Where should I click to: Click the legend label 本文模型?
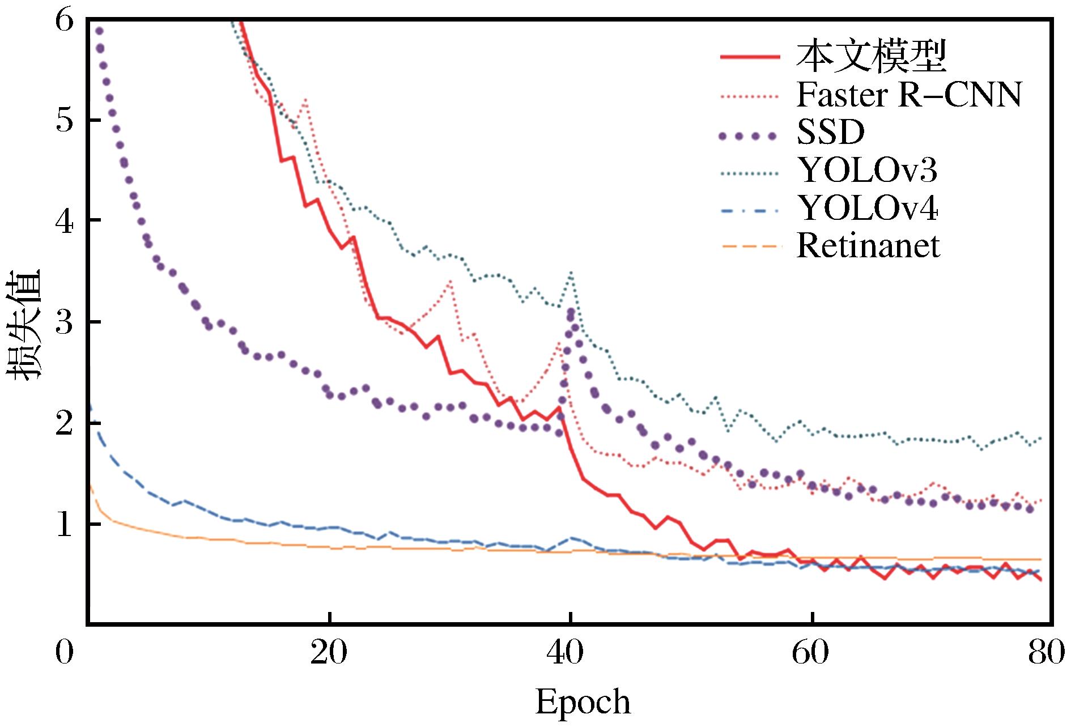point(871,57)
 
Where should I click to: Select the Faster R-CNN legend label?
point(909,95)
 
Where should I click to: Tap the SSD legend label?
point(830,133)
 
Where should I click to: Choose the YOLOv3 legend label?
point(867,171)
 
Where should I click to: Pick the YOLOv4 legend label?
point(867,209)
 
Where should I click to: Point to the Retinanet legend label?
point(868,246)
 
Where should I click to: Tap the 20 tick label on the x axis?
point(329,653)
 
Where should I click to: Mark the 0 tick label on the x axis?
point(65,653)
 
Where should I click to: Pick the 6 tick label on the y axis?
point(65,21)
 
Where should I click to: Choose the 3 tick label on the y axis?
point(65,323)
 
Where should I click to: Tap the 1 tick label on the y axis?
point(65,524)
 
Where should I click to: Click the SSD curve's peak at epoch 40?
point(571,313)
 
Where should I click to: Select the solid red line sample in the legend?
point(750,57)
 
